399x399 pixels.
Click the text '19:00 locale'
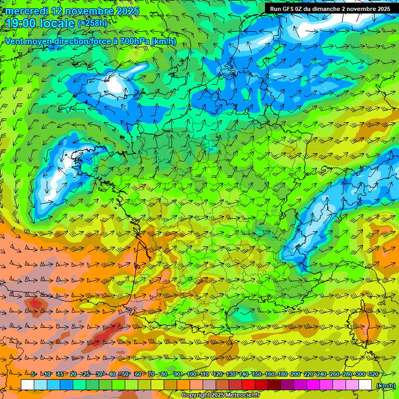coord(40,23)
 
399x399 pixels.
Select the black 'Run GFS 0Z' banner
coord(330,8)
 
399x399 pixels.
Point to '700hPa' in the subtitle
coord(139,41)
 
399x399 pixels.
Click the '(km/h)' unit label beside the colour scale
coord(385,385)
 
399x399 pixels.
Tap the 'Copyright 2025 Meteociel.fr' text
coord(221,395)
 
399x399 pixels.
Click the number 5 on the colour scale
coord(33,374)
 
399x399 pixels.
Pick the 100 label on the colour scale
coord(191,374)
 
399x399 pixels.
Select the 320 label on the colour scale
coord(374,374)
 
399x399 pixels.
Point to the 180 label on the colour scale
coord(282,374)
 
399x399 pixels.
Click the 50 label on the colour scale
coord(125,374)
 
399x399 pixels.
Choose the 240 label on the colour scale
coord(321,374)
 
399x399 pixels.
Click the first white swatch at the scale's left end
coord(28,385)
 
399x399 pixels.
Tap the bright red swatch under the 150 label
coord(249,385)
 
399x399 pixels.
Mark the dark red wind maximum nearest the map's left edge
coord(35,303)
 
